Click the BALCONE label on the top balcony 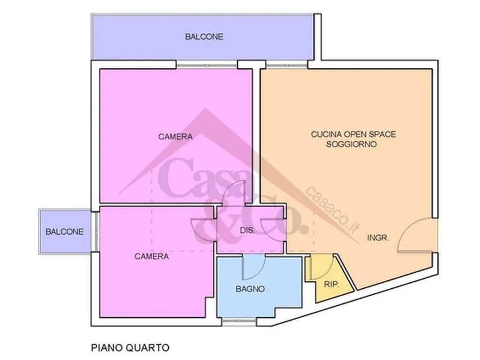click(204, 37)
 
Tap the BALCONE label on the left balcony click(64, 232)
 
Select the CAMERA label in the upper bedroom click(175, 136)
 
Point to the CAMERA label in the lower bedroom click(151, 256)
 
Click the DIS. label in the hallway click(247, 231)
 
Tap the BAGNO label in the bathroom click(250, 289)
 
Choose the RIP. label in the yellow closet click(331, 285)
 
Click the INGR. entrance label click(378, 238)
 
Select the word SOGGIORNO click(352, 144)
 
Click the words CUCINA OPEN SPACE click(353, 134)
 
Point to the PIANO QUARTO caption click(130, 348)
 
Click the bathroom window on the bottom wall click(239, 321)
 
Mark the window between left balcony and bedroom click(95, 232)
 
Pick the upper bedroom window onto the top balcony click(207, 65)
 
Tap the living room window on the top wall click(286, 65)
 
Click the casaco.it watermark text click(333, 210)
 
